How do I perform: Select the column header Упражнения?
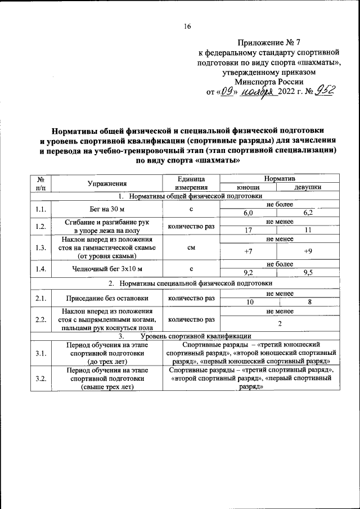pyautogui.click(x=107, y=183)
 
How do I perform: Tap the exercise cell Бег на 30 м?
pyautogui.click(x=107, y=209)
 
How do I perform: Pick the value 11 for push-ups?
pyautogui.click(x=307, y=230)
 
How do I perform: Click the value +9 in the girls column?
pyautogui.click(x=307, y=251)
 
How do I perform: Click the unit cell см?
pyautogui.click(x=191, y=246)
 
